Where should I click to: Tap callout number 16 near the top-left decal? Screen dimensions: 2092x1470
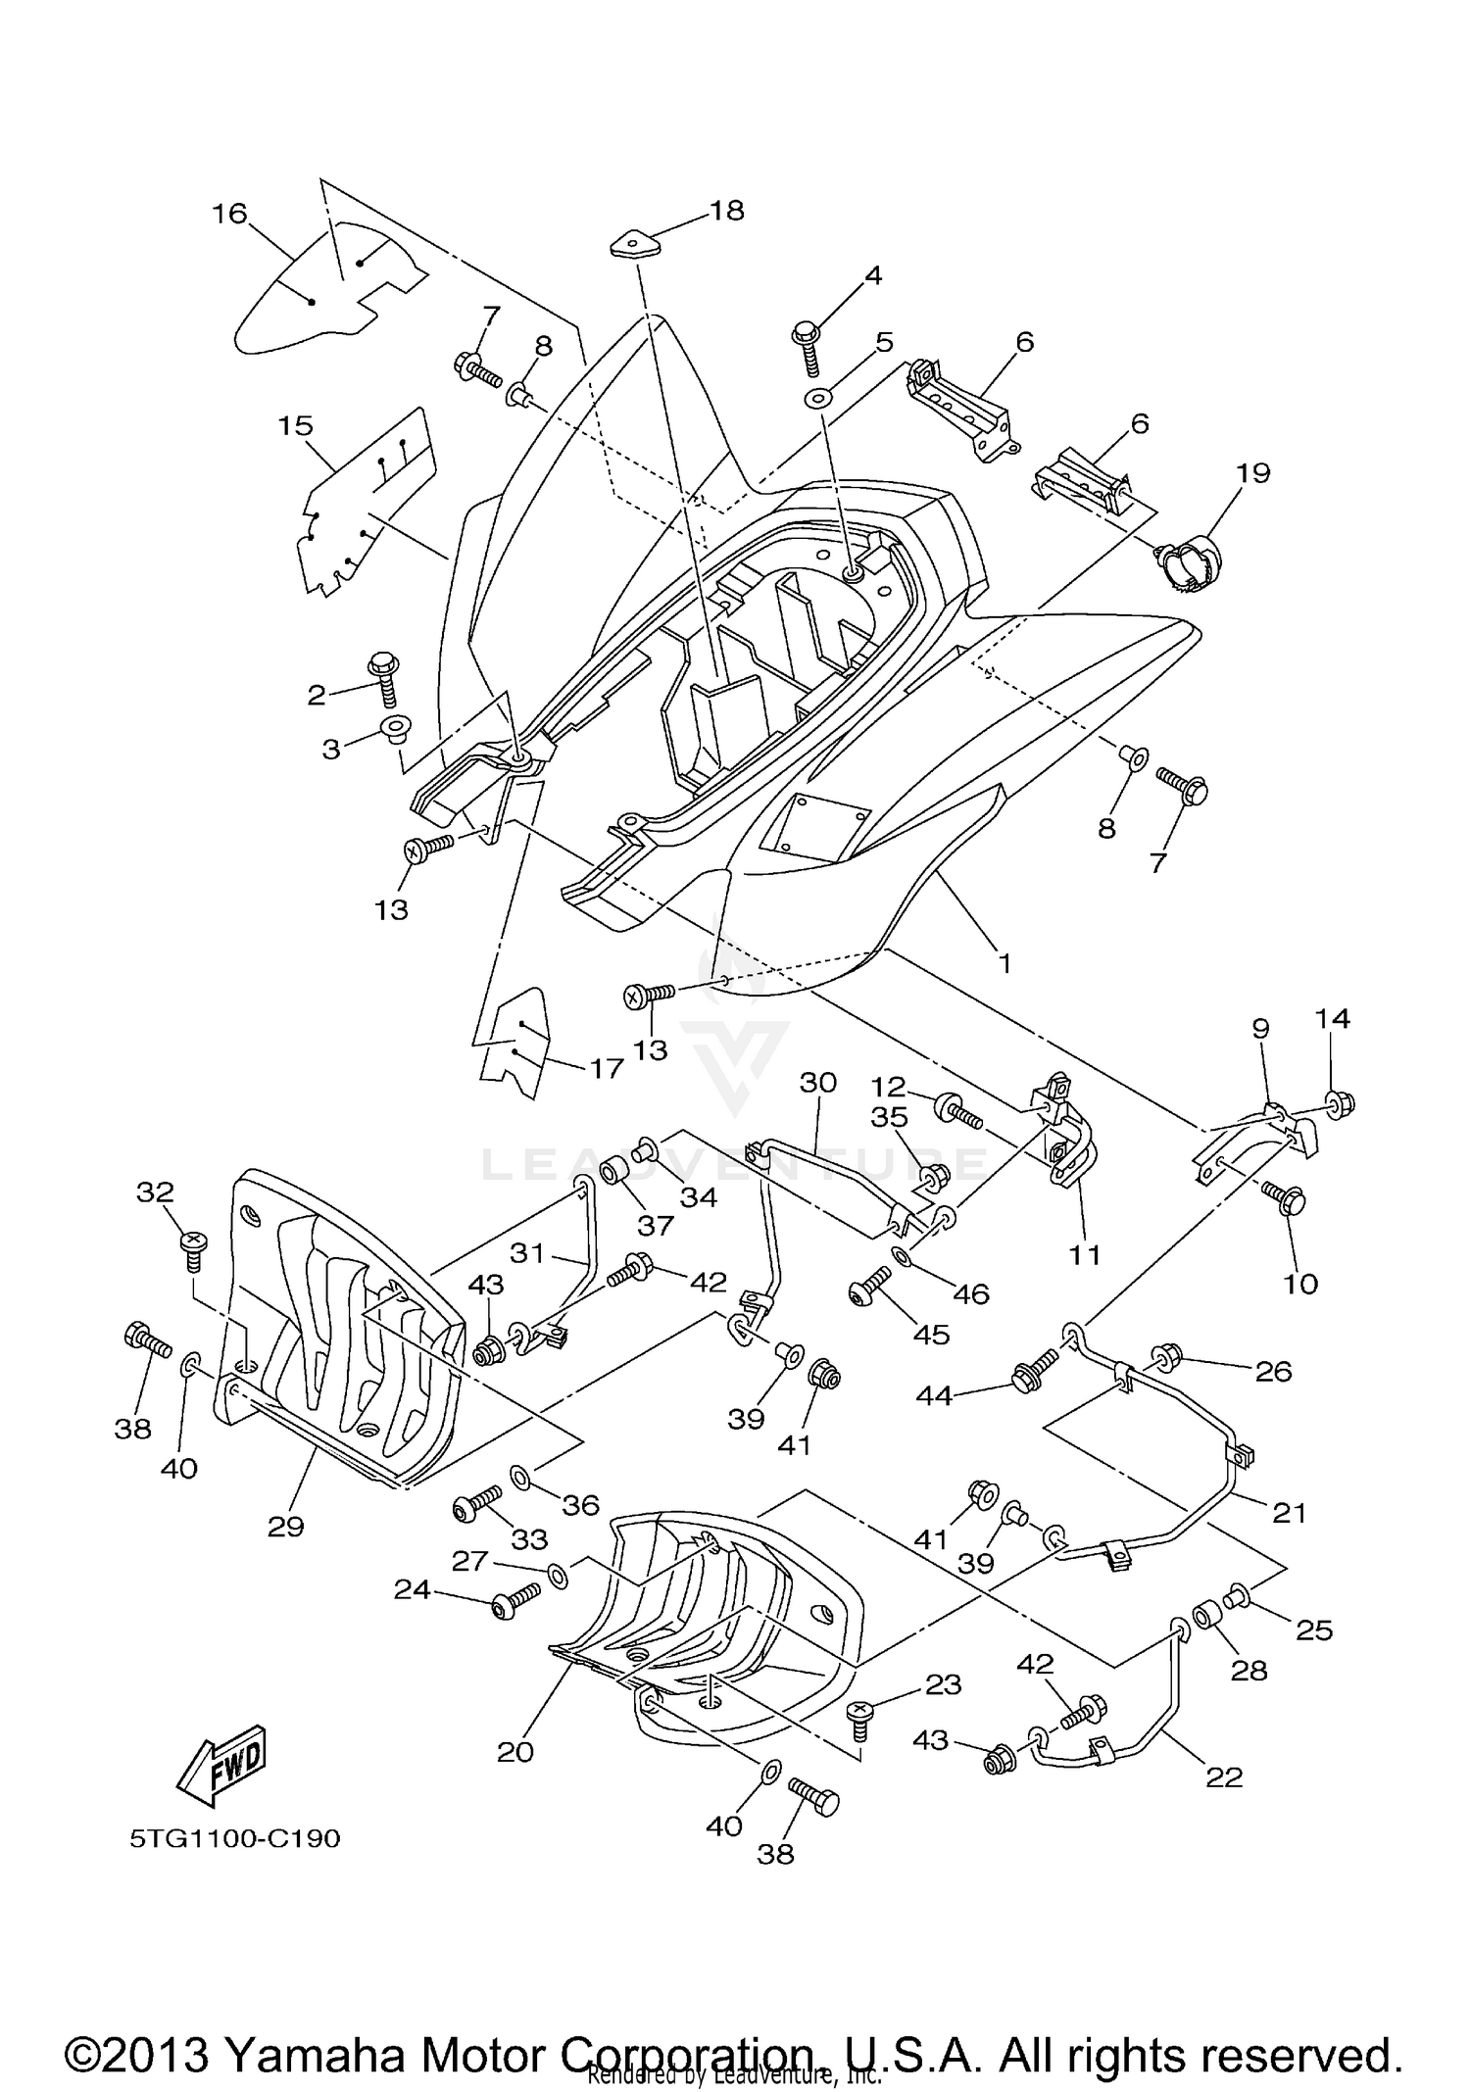(230, 214)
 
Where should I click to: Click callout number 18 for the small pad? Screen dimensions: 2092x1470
(727, 210)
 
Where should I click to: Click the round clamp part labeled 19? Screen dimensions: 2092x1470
(1191, 564)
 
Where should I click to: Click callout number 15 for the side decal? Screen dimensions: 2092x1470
(295, 426)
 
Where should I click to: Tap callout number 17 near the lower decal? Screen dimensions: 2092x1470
(607, 1067)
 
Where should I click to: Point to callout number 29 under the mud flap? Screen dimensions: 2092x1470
(286, 1526)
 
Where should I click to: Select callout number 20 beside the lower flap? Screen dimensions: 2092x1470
(515, 1751)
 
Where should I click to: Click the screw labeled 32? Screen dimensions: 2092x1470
(194, 1243)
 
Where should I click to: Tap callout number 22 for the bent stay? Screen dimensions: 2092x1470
(1224, 1776)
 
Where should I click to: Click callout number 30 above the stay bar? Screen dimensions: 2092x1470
(818, 1082)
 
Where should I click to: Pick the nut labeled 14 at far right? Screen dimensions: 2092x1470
(1341, 1104)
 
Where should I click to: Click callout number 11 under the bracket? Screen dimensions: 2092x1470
(1085, 1254)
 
